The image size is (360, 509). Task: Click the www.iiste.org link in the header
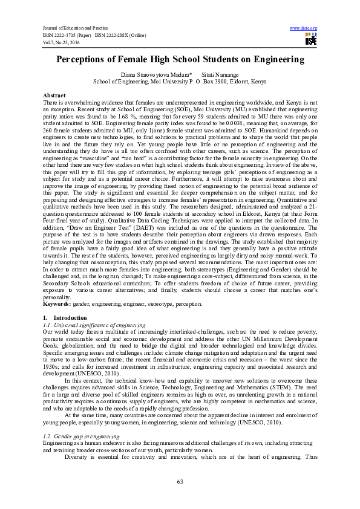click(304, 28)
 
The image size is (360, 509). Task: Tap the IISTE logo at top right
click(311, 40)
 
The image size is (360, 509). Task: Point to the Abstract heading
click(54, 96)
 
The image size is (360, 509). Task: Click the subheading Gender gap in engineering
click(80, 418)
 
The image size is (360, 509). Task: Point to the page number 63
click(180, 481)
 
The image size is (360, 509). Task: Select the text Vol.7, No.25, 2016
click(61, 41)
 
